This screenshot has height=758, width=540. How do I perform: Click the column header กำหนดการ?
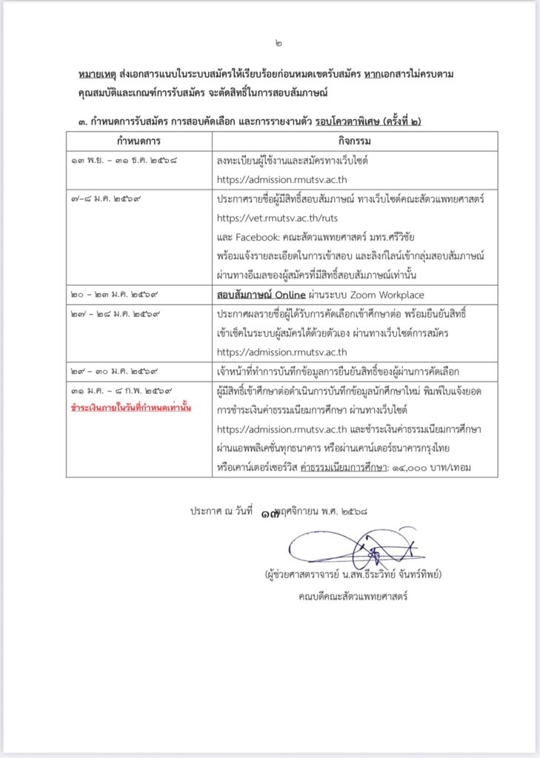pos(139,141)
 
